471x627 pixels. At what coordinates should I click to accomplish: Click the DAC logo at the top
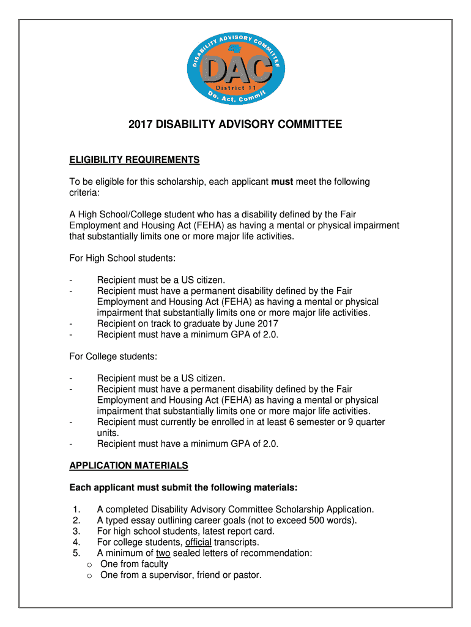click(x=236, y=69)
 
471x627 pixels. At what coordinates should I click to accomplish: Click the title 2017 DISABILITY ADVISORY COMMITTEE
click(x=236, y=125)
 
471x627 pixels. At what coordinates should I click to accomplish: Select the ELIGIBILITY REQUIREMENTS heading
click(x=135, y=160)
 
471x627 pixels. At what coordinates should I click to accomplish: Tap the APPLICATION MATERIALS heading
click(x=128, y=465)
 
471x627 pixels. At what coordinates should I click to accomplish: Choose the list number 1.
click(x=76, y=509)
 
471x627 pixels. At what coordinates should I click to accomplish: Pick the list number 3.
click(x=76, y=531)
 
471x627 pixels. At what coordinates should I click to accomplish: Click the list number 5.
click(x=76, y=553)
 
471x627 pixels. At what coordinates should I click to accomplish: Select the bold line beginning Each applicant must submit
click(x=184, y=487)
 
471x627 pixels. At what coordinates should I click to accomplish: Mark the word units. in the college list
click(x=108, y=432)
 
